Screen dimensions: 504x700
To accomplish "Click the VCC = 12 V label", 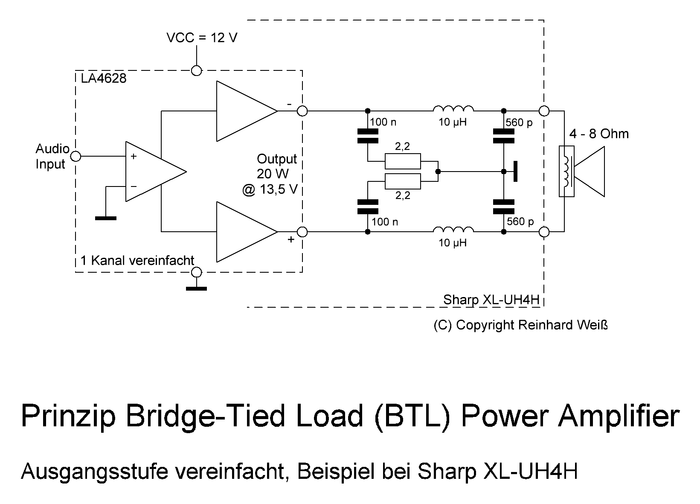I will pyautogui.click(x=202, y=38).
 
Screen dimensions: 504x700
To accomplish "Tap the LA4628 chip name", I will pyautogui.click(x=104, y=79).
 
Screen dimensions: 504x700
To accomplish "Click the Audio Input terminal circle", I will pyautogui.click(x=76, y=157).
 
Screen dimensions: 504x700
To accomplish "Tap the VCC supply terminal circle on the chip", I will pyautogui.click(x=196, y=70).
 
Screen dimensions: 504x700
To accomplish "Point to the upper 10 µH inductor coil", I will pyautogui.click(x=453, y=108).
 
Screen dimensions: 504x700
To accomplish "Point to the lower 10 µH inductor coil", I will pyautogui.click(x=453, y=229).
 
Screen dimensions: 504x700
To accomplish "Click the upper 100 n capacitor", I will pyautogui.click(x=367, y=136).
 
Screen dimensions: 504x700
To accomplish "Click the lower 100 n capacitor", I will pyautogui.click(x=367, y=207).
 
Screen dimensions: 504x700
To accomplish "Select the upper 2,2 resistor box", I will pyautogui.click(x=403, y=162).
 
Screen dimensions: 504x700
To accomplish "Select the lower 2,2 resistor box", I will pyautogui.click(x=403, y=181).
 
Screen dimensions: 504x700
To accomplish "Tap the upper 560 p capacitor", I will pyautogui.click(x=504, y=136).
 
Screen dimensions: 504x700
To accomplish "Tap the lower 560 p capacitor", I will pyautogui.click(x=504, y=207).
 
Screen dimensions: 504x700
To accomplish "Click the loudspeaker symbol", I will pyautogui.click(x=582, y=172).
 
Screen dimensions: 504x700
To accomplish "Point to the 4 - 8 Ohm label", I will pyautogui.click(x=599, y=134).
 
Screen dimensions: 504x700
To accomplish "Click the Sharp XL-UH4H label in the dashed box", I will pyautogui.click(x=491, y=300).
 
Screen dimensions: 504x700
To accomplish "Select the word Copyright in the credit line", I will pyautogui.click(x=485, y=325).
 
